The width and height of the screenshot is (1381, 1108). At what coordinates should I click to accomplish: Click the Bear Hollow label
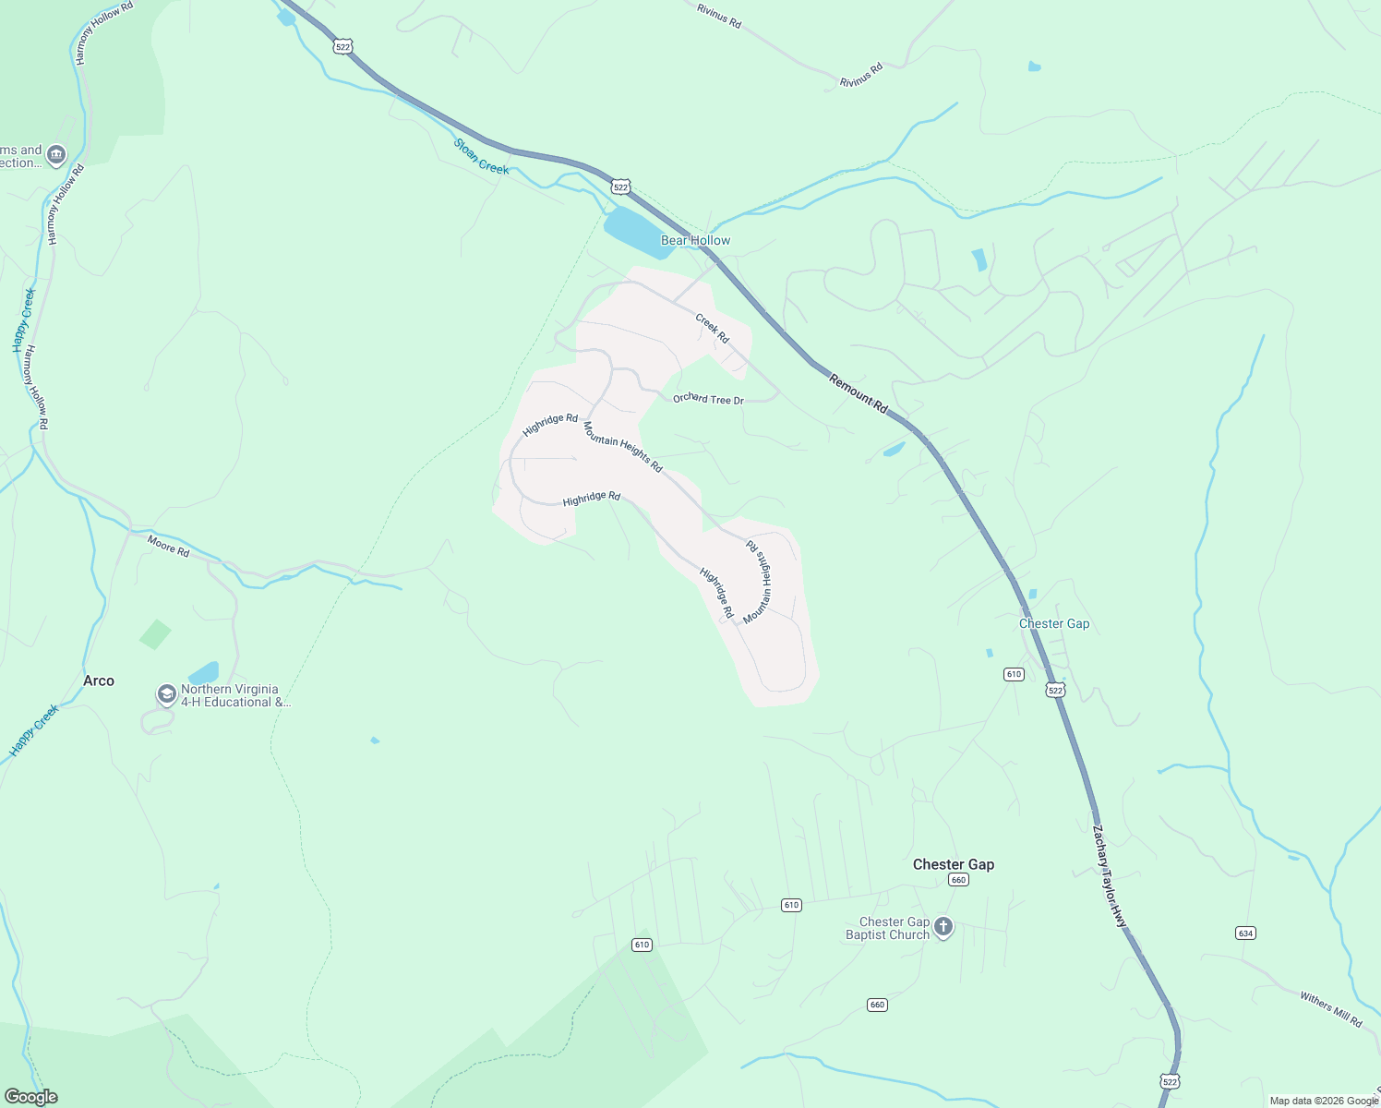695,240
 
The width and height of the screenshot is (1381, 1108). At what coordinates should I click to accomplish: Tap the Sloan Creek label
481,156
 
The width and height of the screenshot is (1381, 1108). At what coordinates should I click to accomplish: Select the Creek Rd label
712,329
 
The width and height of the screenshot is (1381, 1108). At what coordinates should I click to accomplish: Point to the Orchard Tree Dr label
708,399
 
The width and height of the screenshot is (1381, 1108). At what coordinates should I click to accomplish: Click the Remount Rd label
858,393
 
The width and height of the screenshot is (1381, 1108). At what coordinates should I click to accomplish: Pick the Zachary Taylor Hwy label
1110,876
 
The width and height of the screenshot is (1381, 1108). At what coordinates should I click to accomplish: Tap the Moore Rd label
168,546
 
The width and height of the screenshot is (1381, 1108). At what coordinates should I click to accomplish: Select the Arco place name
99,680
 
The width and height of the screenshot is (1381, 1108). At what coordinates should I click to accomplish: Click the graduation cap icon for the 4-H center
166,694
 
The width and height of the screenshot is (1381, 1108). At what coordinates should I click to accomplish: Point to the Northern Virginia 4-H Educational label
235,695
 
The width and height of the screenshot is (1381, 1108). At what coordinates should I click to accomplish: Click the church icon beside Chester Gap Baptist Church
943,927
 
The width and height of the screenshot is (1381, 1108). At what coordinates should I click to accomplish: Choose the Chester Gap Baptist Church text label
887,928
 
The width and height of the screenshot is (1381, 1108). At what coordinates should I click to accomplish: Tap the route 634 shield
1245,933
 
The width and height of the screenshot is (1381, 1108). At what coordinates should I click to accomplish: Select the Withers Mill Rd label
1330,1009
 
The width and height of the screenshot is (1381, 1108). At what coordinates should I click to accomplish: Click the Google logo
30,1097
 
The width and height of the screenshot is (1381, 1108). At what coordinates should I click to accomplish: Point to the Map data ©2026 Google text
1324,1101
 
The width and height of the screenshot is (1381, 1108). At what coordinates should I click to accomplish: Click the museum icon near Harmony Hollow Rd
56,155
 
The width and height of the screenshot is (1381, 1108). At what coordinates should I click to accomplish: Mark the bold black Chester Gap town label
954,864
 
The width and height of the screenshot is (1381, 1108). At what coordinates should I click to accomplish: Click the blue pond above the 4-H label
204,672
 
